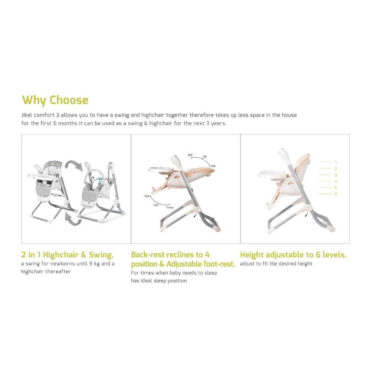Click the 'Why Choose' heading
pyautogui.click(x=55, y=100)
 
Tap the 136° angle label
pyautogui.click(x=213, y=166)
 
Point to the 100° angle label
pyautogui.click(x=190, y=155)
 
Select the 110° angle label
pyautogui.click(x=205, y=157)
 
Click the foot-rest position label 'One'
pyautogui.click(x=147, y=196)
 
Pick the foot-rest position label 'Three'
pyautogui.click(x=170, y=207)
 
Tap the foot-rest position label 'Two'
pyautogui.click(x=156, y=205)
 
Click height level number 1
pyautogui.click(x=335, y=162)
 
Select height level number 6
pyautogui.click(x=335, y=194)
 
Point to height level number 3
pyautogui.click(x=335, y=175)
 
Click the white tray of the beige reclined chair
pyautogui.click(x=161, y=170)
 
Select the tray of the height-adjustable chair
pyautogui.click(x=272, y=174)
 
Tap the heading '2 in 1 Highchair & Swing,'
pyautogui.click(x=68, y=255)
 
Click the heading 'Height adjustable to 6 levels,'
pyautogui.click(x=293, y=255)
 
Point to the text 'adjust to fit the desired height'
pyautogui.click(x=276, y=263)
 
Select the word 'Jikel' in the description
pyautogui.click(x=26, y=115)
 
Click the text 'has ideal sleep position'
pyautogui.click(x=159, y=280)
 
